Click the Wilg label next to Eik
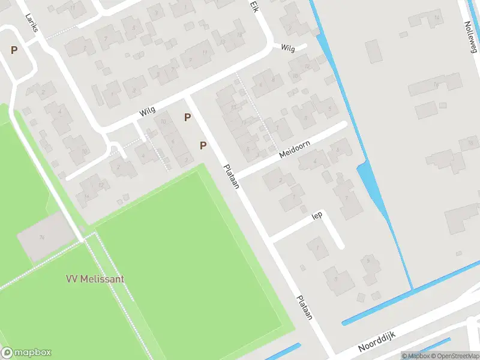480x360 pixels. click(x=288, y=49)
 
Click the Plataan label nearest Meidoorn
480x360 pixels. click(x=232, y=176)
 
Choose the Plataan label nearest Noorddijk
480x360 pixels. click(x=305, y=307)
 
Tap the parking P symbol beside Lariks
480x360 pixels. click(x=13, y=50)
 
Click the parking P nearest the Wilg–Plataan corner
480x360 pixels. click(x=188, y=118)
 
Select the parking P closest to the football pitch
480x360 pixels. click(x=203, y=145)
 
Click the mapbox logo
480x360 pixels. click(x=26, y=353)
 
